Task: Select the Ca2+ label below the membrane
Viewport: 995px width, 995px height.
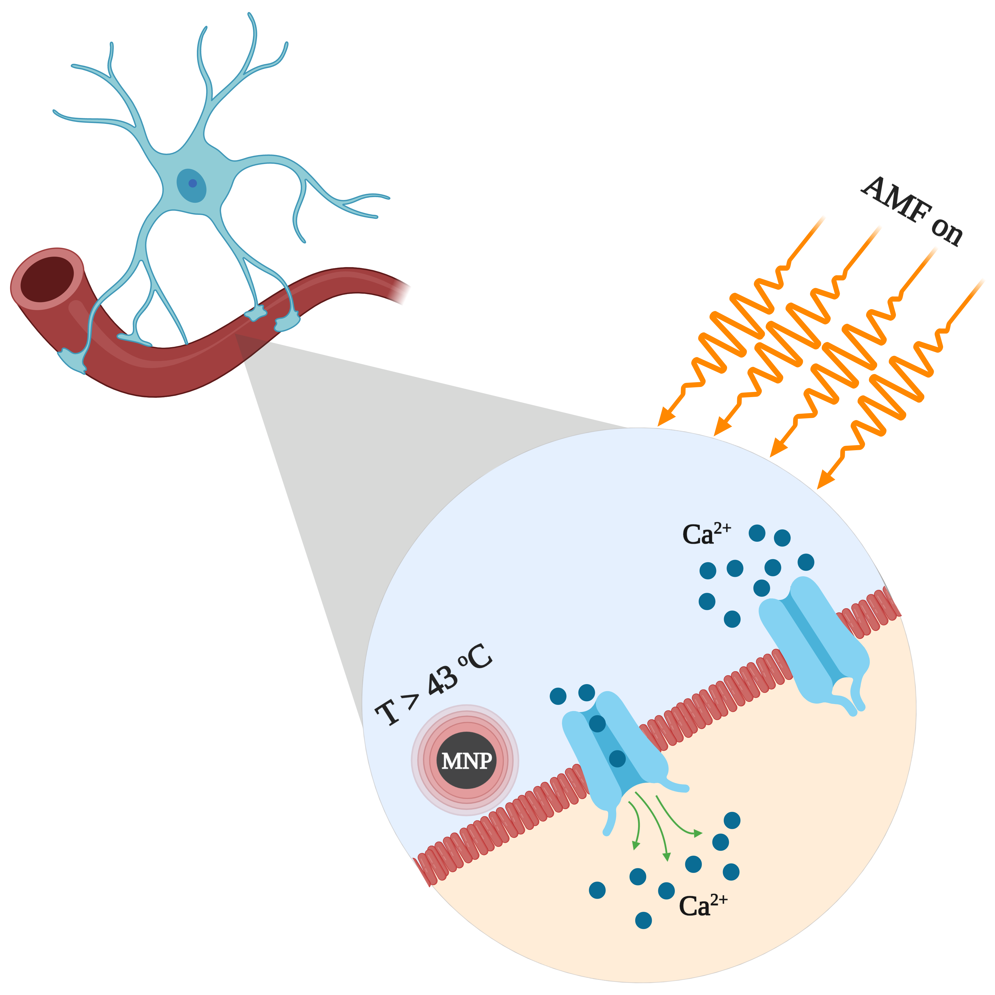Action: tap(703, 905)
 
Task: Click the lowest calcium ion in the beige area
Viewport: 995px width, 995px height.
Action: tap(643, 920)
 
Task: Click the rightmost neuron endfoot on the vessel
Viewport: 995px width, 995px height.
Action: tap(286, 322)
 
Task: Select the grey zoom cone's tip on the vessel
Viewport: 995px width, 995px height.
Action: tap(236, 334)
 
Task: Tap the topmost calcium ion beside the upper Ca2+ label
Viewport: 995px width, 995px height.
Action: tap(757, 533)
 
